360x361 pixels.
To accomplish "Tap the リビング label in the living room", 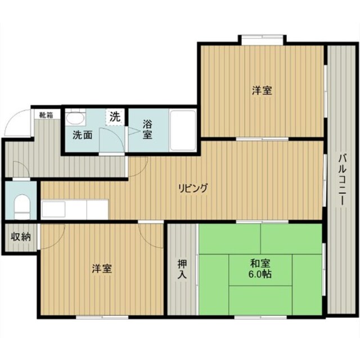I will coord(193,188).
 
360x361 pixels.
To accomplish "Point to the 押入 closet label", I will coord(182,269).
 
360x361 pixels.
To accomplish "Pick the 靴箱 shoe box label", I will coord(46,114).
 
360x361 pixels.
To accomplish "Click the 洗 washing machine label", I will coord(115,117).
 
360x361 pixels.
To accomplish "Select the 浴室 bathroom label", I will coord(148,129).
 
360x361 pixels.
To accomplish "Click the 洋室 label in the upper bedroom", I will coord(262,90).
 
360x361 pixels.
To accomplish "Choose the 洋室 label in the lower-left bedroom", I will coord(102,269).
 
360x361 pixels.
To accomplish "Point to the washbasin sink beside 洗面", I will coord(74,119).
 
